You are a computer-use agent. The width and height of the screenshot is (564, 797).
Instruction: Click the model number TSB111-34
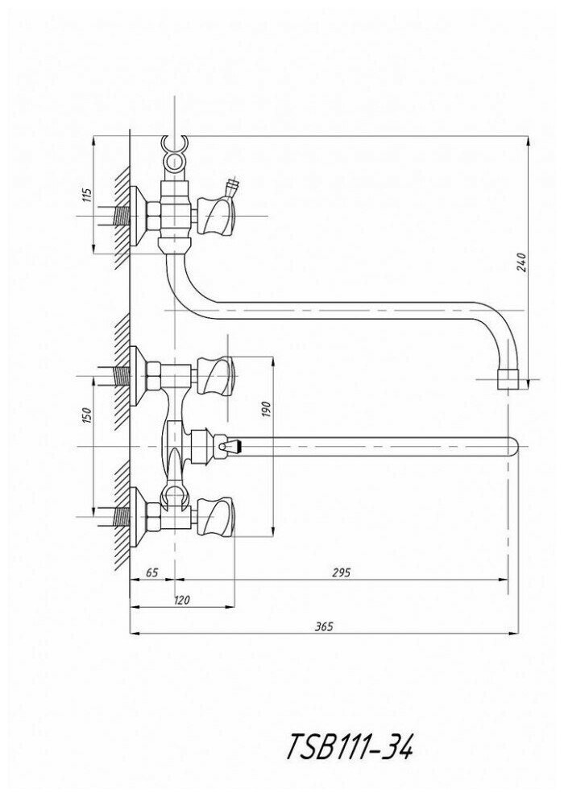coord(349,746)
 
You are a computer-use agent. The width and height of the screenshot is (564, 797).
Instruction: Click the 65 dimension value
coord(151,572)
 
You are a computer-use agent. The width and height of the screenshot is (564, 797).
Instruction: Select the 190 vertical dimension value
coord(268,410)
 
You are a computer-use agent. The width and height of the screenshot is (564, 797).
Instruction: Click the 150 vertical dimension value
coord(87,415)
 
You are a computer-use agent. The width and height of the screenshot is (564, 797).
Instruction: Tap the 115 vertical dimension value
coord(87,194)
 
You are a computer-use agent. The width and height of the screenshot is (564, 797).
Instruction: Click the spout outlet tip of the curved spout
coord(508,380)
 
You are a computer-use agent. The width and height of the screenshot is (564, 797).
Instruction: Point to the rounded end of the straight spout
coord(510,445)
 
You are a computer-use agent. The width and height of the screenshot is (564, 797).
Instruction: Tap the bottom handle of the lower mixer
coord(217,515)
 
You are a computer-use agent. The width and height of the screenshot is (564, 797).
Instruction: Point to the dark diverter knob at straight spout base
coord(229,444)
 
